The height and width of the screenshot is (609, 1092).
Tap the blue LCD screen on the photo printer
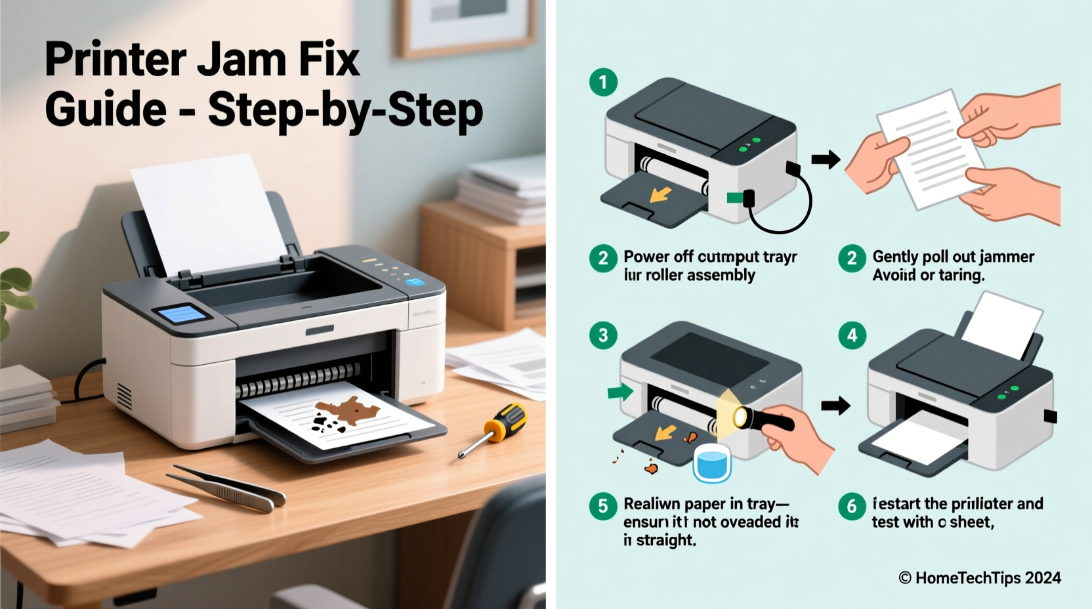point(182,314)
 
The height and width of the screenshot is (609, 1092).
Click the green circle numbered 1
point(603,83)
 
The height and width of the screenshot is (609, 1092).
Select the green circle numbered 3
point(603,335)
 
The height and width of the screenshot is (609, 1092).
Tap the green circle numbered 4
point(852,335)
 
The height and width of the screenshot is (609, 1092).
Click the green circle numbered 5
point(603,506)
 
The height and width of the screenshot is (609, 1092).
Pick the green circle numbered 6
point(852,506)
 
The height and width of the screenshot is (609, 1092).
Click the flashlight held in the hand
point(765,418)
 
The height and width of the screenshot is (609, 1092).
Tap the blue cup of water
point(712,463)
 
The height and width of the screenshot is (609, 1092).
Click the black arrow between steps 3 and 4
point(835,406)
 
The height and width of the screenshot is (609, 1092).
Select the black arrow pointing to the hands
point(826,159)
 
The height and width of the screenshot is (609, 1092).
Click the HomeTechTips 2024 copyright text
point(980,578)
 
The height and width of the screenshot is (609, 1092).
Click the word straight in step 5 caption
point(665,541)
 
